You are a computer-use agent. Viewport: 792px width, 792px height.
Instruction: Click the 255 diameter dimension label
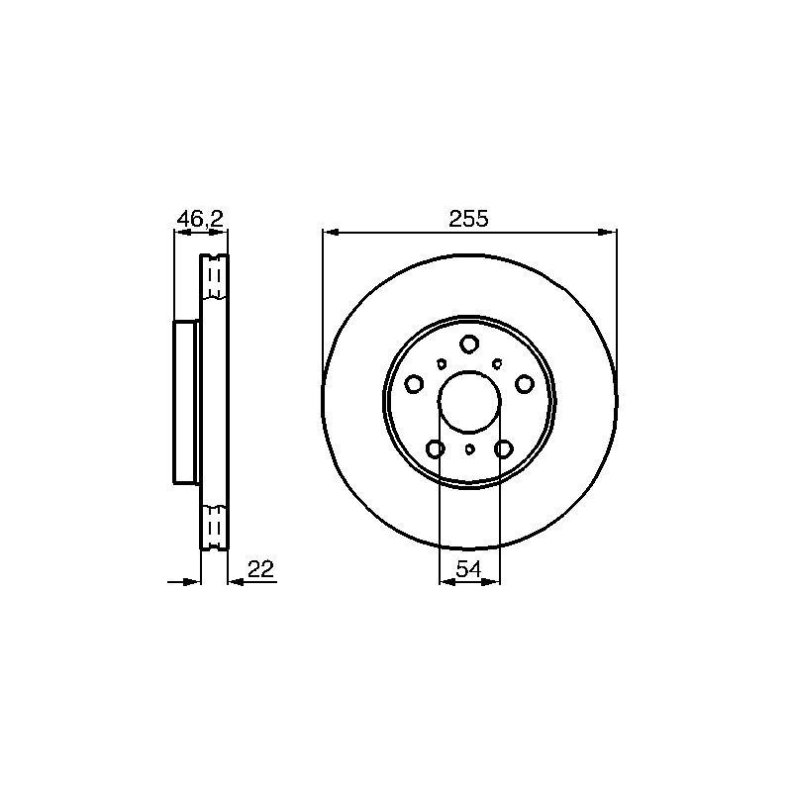tap(468, 219)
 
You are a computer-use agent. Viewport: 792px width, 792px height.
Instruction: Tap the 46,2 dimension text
tap(200, 219)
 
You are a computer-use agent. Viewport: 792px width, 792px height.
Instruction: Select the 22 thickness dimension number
tap(260, 569)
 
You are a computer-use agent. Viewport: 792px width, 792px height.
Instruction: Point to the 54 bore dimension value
tap(468, 569)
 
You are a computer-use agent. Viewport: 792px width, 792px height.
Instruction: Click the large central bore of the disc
tap(469, 402)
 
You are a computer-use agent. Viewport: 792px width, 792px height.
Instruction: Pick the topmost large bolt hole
tap(469, 344)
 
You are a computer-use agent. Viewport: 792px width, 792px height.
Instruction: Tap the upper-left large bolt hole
tap(414, 384)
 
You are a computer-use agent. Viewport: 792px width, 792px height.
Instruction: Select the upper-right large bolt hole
tap(525, 384)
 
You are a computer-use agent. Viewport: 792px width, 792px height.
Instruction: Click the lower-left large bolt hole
tap(436, 448)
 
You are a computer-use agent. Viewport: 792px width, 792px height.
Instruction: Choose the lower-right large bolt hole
tap(504, 448)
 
